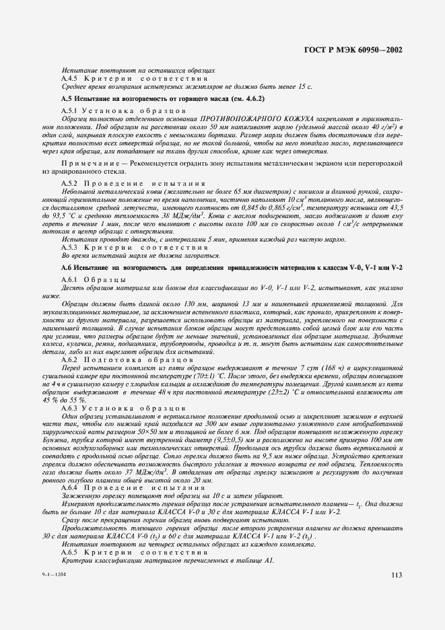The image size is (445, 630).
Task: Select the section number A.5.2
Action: pyautogui.click(x=70, y=183)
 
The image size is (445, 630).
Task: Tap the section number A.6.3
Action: pyautogui.click(x=70, y=408)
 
